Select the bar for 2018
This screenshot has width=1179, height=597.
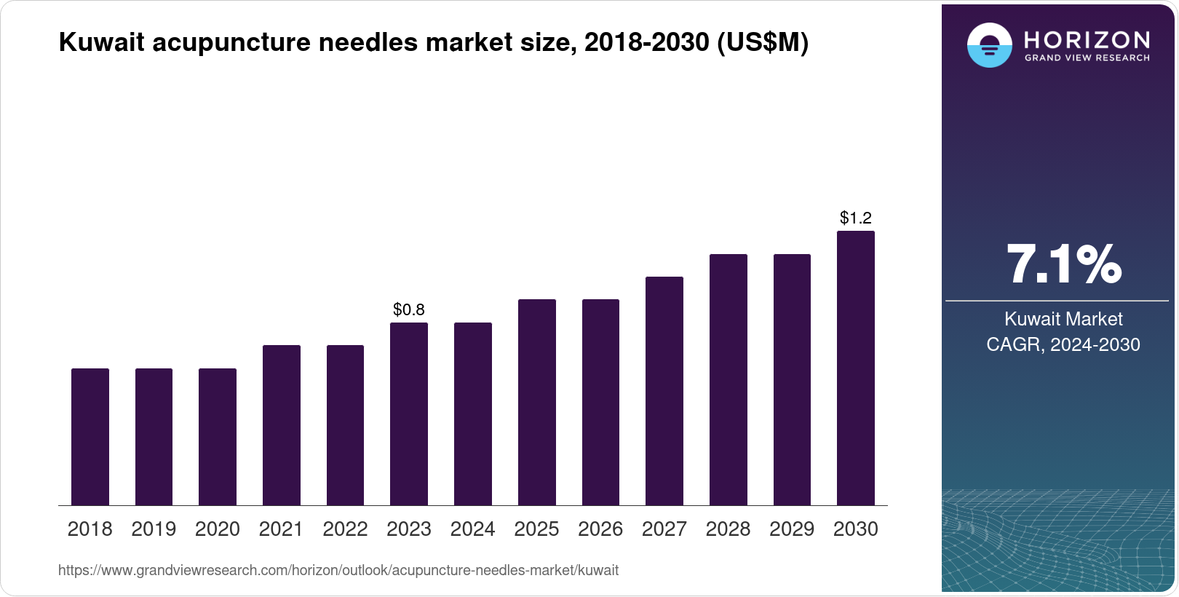[90, 437]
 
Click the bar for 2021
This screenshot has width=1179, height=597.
[282, 425]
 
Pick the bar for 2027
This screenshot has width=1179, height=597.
[664, 391]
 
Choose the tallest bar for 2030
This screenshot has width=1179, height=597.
[855, 368]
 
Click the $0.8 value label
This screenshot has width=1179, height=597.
[409, 309]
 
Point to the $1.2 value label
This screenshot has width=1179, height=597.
[855, 218]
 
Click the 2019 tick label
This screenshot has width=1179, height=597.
[154, 529]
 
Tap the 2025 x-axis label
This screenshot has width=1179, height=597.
[536, 529]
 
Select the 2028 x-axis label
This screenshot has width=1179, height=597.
[728, 529]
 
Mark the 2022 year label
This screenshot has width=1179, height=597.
[345, 529]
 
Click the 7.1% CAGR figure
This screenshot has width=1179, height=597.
[1063, 264]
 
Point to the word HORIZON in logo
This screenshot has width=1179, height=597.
[1087, 39]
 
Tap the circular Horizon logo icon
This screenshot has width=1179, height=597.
[989, 45]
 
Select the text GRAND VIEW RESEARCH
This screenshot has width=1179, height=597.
[1087, 58]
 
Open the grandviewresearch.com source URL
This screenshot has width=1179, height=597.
[338, 571]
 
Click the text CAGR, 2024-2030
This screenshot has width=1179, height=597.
[1063, 344]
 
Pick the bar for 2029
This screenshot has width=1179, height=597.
[792, 379]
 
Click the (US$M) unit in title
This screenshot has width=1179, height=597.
[763, 43]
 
